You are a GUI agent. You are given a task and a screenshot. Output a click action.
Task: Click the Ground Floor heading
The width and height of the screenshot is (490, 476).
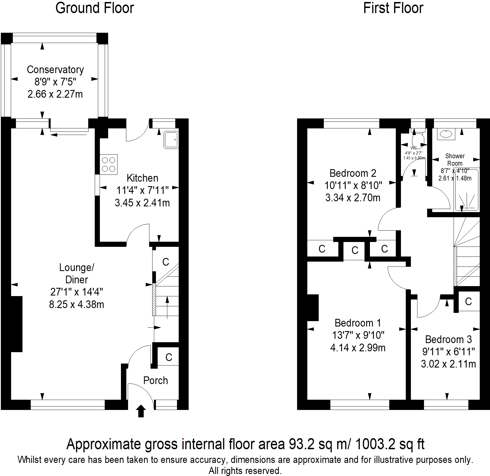click(94, 8)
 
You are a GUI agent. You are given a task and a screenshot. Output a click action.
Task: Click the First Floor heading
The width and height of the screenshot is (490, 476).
click(393, 8)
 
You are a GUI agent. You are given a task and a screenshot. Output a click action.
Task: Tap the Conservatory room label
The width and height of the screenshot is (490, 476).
click(55, 70)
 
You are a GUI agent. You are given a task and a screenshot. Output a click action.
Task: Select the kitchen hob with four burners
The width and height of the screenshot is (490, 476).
click(108, 165)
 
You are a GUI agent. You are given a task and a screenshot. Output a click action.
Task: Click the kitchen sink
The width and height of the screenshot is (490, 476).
click(171, 139)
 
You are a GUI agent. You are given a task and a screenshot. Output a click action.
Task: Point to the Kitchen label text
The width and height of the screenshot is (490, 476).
click(142, 178)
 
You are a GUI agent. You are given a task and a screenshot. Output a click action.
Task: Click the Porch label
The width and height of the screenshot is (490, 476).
click(155, 381)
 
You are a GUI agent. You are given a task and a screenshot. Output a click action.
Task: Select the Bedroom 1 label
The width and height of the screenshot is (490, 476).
click(358, 323)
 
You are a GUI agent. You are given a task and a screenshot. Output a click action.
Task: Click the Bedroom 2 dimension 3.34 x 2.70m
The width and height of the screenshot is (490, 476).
click(353, 198)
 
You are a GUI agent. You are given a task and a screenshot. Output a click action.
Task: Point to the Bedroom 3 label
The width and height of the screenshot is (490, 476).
click(448, 339)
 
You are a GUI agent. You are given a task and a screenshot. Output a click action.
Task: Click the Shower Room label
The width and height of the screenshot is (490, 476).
click(455, 160)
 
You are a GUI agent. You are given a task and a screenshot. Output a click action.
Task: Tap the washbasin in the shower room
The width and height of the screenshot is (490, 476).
click(446, 134)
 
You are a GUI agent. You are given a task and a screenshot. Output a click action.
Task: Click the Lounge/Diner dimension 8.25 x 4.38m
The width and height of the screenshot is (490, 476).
click(77, 305)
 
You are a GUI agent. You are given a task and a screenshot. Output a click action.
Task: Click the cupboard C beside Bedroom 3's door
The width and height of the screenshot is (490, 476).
click(468, 301)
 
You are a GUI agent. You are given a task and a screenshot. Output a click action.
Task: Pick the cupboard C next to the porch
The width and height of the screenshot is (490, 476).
click(169, 357)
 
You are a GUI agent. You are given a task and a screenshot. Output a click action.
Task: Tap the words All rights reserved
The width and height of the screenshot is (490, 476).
click(245, 471)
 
